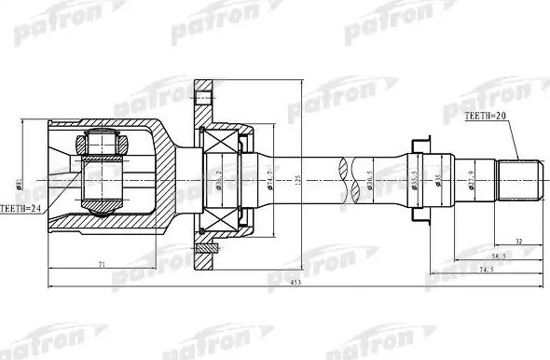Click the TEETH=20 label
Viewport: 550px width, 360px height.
coord(488,117)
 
